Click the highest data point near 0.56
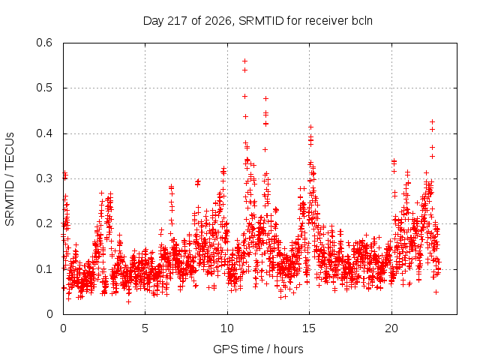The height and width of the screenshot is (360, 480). click(x=245, y=61)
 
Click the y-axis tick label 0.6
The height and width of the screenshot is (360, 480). click(x=44, y=43)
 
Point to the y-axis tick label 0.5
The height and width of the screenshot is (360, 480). click(x=44, y=88)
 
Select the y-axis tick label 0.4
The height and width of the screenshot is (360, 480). click(x=44, y=133)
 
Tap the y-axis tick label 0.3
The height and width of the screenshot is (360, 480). click(x=44, y=178)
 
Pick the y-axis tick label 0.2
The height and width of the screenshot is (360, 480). click(x=44, y=223)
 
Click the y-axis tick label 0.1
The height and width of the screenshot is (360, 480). click(x=44, y=269)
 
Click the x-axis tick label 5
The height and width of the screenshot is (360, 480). click(x=145, y=328)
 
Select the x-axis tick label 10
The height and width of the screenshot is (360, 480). click(x=226, y=328)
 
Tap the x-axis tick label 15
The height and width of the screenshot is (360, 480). click(x=309, y=328)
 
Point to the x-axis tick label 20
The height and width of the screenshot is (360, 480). click(x=391, y=328)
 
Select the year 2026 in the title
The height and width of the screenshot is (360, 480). click(x=218, y=21)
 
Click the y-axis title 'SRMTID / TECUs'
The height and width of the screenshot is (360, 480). click(x=10, y=179)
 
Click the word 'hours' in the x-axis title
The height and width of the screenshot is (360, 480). click(x=288, y=349)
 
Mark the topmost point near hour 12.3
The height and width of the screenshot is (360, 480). click(x=265, y=98)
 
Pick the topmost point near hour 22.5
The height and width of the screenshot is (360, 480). click(x=432, y=121)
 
